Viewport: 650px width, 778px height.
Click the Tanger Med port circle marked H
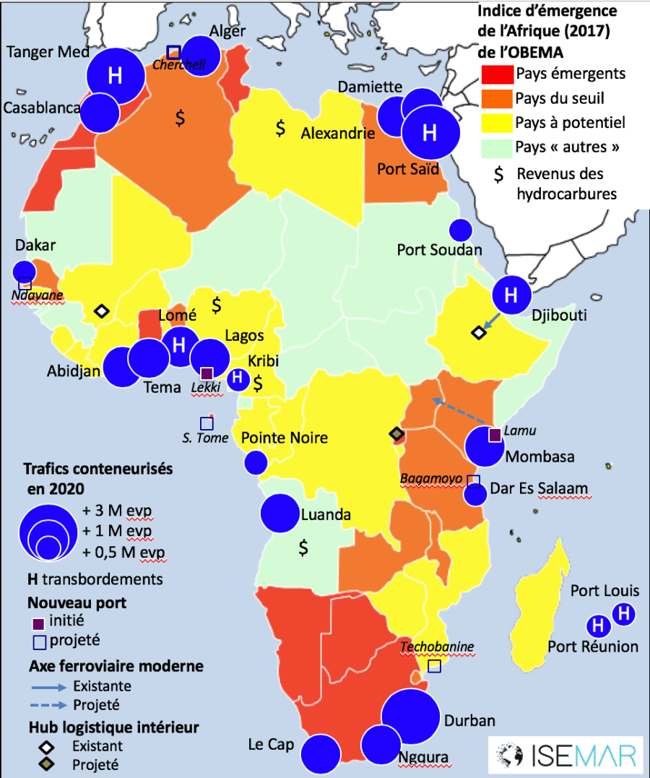[114, 75]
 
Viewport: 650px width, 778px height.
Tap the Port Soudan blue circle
[460, 230]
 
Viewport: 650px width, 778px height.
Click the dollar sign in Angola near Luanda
[303, 548]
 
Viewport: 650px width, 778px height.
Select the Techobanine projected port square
[434, 666]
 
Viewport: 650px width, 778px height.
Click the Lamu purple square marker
[495, 435]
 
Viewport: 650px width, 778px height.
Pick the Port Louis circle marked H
[623, 614]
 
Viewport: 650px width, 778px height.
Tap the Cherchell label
[178, 65]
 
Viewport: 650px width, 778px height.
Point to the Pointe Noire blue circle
[255, 462]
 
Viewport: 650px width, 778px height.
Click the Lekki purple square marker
[207, 373]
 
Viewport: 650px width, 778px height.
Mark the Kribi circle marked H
[237, 379]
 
